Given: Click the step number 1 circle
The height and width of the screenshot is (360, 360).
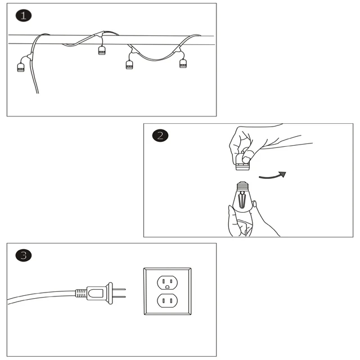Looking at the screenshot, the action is pyautogui.click(x=24, y=16).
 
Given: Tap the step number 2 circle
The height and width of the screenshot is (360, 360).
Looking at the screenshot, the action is pyautogui.click(x=160, y=136).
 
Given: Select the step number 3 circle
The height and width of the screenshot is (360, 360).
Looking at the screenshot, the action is pyautogui.click(x=24, y=255).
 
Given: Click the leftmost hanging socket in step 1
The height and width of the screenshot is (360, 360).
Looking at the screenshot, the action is pyautogui.click(x=21, y=66).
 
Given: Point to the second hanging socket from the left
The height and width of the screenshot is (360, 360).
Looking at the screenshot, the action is pyautogui.click(x=102, y=51).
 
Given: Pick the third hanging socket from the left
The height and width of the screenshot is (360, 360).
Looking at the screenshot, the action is pyautogui.click(x=129, y=64).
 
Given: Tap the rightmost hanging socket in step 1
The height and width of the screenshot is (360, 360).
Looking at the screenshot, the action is pyautogui.click(x=183, y=63).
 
